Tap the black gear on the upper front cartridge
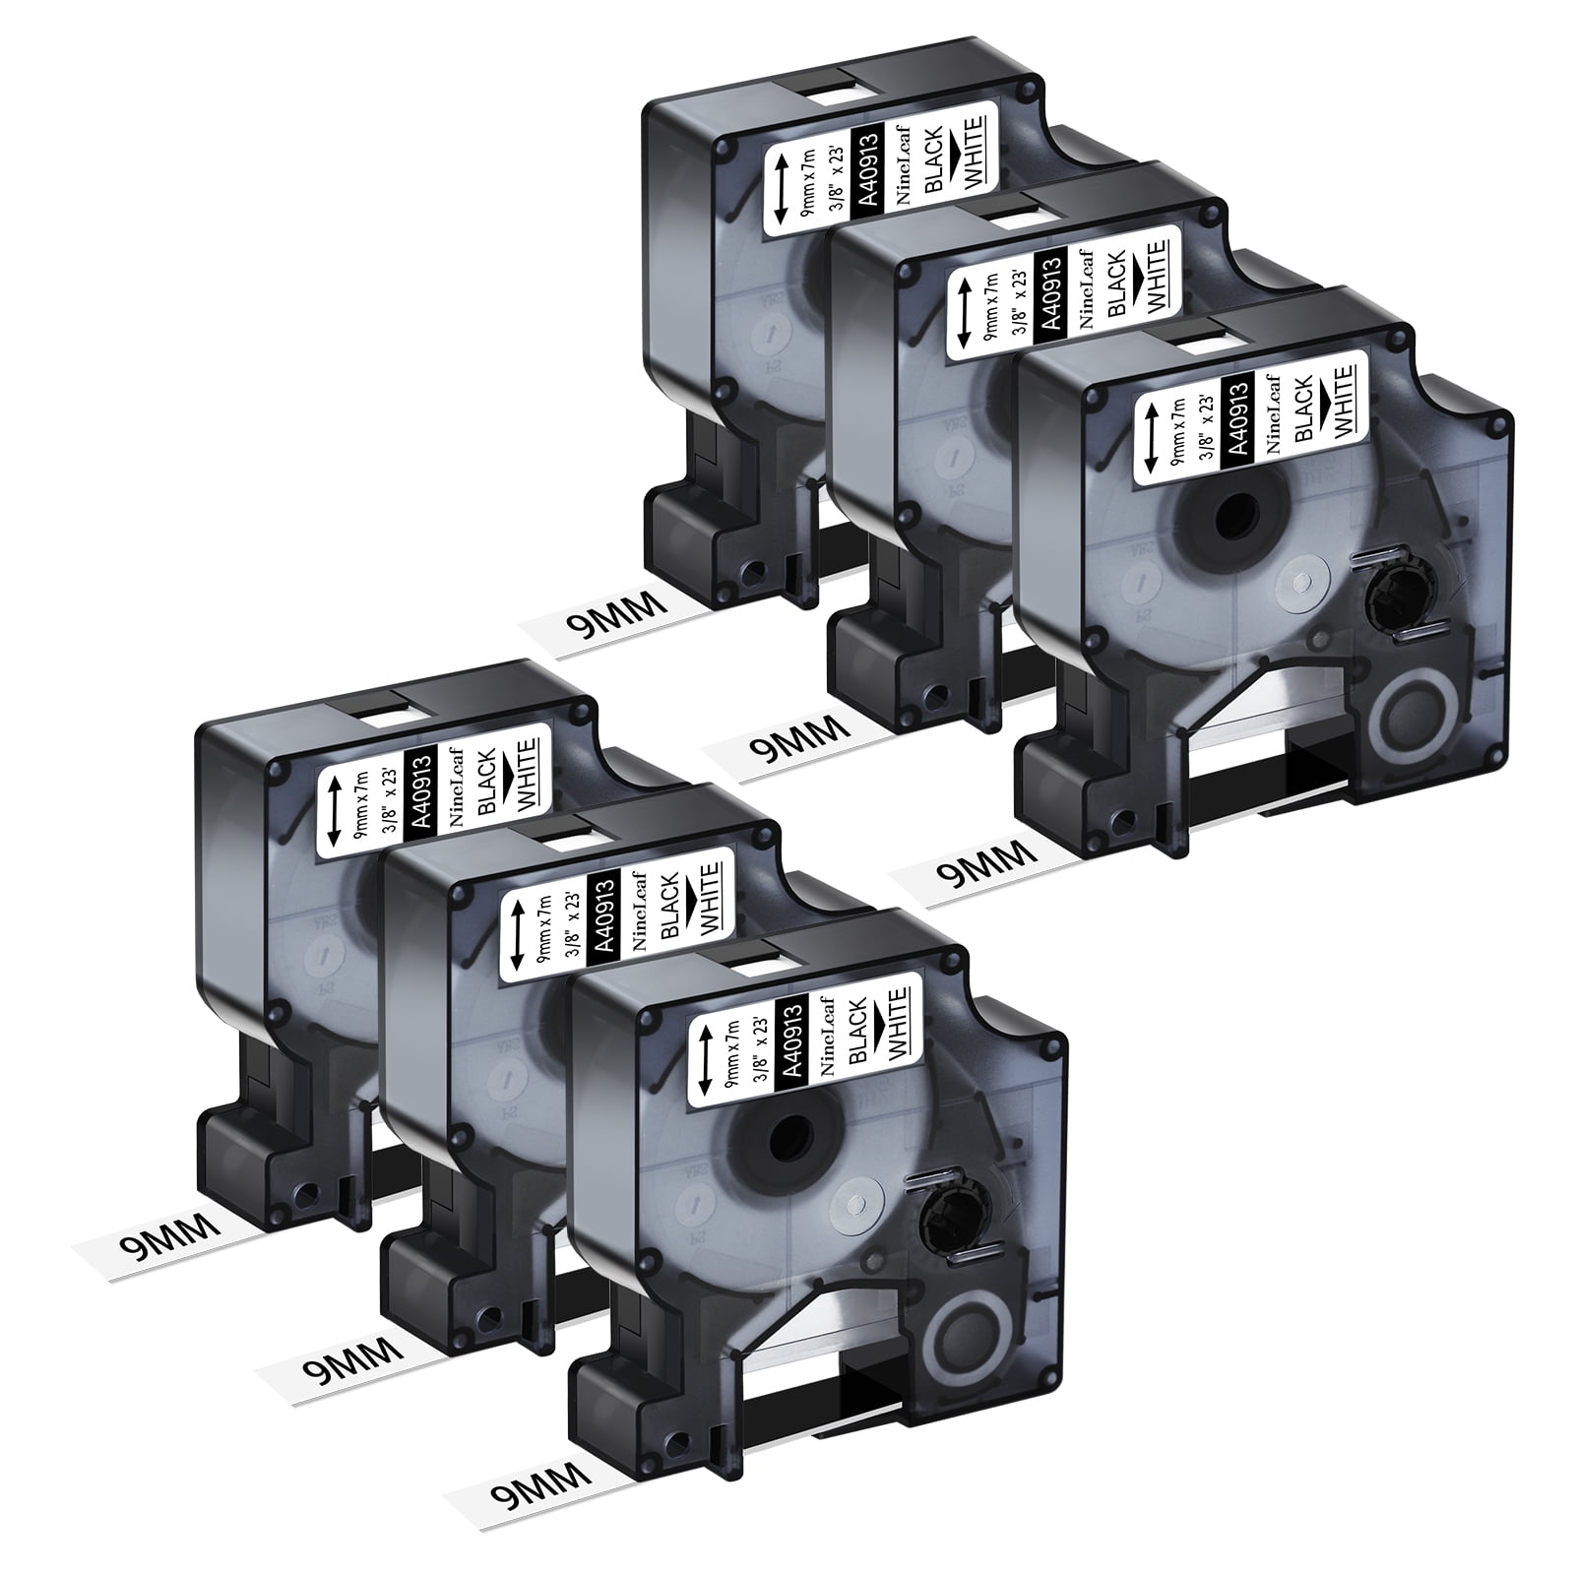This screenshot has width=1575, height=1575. click(x=1392, y=592)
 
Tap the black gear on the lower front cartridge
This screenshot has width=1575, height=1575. click(x=946, y=1218)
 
